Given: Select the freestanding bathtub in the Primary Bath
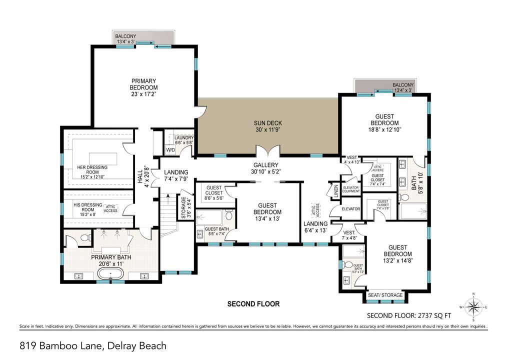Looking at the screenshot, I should (111, 273).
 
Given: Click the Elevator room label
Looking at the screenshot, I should (351, 208).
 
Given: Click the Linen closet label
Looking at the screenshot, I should (335, 190).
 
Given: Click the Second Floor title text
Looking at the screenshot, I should (253, 303).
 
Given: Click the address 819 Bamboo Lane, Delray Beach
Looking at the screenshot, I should (93, 345).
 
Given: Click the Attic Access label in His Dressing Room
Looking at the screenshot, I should (111, 209).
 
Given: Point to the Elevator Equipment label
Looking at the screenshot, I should (351, 188).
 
